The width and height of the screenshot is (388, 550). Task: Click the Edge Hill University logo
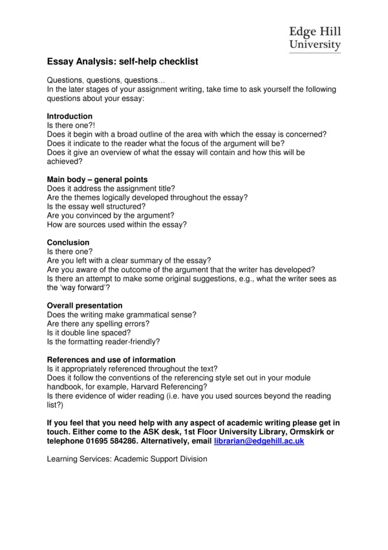pos(314,38)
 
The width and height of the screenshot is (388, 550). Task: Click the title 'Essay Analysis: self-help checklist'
pos(122,62)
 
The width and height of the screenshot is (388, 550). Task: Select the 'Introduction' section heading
pos(70,117)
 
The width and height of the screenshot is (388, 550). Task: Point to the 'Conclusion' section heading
pos(68,242)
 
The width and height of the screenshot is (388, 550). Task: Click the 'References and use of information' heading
pos(111,360)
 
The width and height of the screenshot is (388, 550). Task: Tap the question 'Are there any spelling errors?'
pos(98,323)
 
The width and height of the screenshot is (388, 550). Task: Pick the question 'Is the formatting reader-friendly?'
pos(103,341)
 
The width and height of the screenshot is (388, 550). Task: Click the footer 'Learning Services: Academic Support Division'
pos(127,459)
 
